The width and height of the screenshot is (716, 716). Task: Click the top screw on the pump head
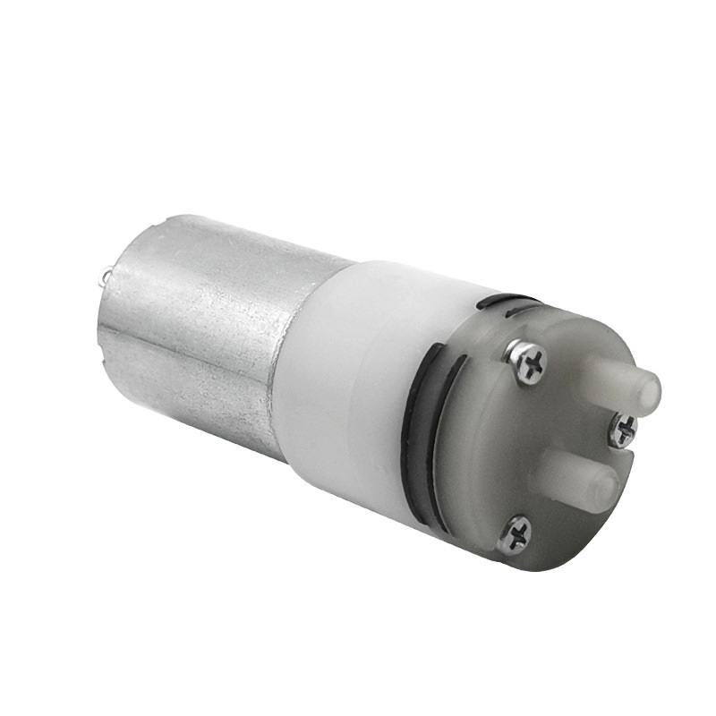coord(528,362)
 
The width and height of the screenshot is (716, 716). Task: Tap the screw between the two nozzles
coord(623,430)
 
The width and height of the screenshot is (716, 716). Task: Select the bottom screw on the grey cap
coord(516,534)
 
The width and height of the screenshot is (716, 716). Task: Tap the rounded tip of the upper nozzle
coord(646,388)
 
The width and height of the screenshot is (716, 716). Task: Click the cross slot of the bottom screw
coord(516,534)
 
